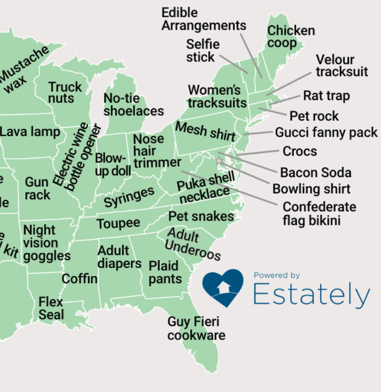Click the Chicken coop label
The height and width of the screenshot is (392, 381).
pyautogui.click(x=291, y=37)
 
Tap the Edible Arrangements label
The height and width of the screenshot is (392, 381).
pyautogui.click(x=203, y=19)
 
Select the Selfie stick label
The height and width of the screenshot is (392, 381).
pyautogui.click(x=202, y=51)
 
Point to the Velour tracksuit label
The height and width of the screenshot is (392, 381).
pyautogui.click(x=342, y=65)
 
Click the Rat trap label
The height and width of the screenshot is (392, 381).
pyautogui.click(x=326, y=96)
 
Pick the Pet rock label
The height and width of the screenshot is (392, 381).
pyautogui.click(x=314, y=116)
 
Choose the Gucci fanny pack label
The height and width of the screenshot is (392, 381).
pyautogui.click(x=326, y=133)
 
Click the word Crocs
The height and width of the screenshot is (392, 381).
pyautogui.click(x=299, y=152)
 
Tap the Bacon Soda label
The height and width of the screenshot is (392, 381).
pyautogui.click(x=315, y=173)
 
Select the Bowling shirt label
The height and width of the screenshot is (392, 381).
pyautogui.click(x=311, y=189)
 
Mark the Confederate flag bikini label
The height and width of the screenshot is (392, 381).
pyautogui.click(x=319, y=214)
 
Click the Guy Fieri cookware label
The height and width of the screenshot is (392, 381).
pyautogui.click(x=196, y=329)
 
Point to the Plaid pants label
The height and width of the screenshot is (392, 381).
pyautogui.click(x=165, y=272)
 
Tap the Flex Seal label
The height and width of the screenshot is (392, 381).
pyautogui.click(x=51, y=308)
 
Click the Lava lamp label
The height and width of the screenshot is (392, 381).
pyautogui.click(x=30, y=132)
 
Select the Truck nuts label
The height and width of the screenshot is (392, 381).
pyautogui.click(x=65, y=93)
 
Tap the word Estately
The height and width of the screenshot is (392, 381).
pyautogui.click(x=311, y=295)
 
